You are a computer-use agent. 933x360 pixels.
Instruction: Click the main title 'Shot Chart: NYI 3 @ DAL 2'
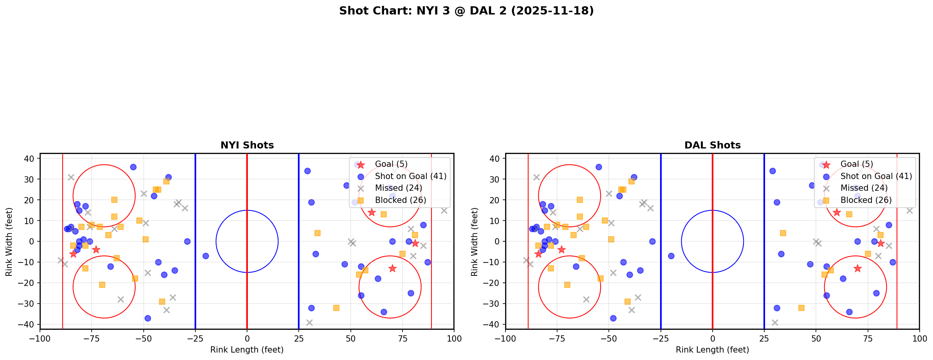pos(466,11)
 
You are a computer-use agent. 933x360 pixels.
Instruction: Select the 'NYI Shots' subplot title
pos(247,145)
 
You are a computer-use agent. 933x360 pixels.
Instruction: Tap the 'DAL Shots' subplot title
pos(712,145)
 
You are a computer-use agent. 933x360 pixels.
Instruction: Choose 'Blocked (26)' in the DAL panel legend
pos(866,200)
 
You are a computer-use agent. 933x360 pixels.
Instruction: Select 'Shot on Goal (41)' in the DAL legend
pos(876,176)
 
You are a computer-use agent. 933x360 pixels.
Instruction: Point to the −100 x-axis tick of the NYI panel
pos(40,338)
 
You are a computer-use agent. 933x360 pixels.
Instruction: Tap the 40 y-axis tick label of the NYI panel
pos(31,159)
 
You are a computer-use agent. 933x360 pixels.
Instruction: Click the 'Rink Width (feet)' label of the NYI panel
pos(9,241)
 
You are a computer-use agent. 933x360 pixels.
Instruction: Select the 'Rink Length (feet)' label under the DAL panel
pos(712,350)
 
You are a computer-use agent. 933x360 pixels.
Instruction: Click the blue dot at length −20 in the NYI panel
pos(206,256)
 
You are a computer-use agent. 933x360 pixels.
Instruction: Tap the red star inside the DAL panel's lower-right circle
pos(857,268)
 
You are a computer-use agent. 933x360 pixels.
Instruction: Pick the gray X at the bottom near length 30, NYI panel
pos(309,322)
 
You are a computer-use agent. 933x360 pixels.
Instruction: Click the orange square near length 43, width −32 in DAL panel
pos(801,308)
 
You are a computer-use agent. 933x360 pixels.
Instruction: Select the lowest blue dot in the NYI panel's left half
pos(148,318)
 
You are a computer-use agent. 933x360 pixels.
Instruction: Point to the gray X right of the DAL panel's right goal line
pos(910,210)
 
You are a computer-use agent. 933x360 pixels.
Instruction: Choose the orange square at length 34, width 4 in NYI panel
pos(318,233)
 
